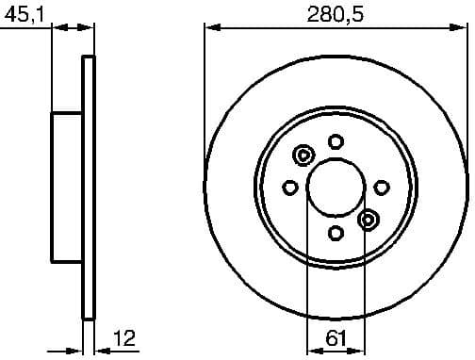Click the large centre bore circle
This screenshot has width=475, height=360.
pyautogui.click(x=336, y=186)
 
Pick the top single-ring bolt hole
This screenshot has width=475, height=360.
pyautogui.click(x=336, y=141)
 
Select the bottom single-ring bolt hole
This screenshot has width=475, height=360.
pyautogui.click(x=336, y=232)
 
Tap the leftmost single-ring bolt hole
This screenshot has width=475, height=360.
pyautogui.click(x=290, y=187)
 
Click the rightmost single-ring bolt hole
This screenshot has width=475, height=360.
pyautogui.click(x=381, y=187)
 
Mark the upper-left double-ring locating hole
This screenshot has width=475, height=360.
pyautogui.click(x=303, y=155)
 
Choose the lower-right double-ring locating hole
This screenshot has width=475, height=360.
pyautogui.click(x=369, y=219)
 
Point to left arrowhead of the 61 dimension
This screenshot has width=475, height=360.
pyautogui.click(x=312, y=348)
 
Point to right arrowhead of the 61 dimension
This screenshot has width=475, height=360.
pyautogui.click(x=359, y=348)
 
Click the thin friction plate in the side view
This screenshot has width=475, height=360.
pyautogui.click(x=90, y=187)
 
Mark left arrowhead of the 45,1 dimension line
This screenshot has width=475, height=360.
pyautogui.click(x=57, y=28)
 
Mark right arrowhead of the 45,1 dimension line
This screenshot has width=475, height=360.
pyautogui.click(x=90, y=28)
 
